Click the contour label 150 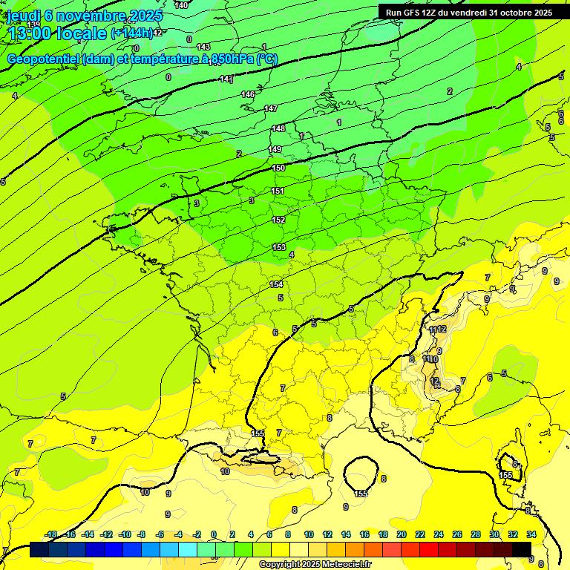click(x=278, y=168)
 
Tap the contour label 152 click(x=278, y=220)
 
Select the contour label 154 click(x=275, y=284)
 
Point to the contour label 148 click(x=278, y=128)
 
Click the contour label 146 click(x=248, y=94)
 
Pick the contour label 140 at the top click(x=181, y=5)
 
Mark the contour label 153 click(x=279, y=247)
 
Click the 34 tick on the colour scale click(x=531, y=534)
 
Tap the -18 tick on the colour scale click(x=50, y=534)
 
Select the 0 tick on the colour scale click(x=214, y=534)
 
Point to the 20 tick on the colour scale click(x=402, y=534)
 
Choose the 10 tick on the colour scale click(x=308, y=534)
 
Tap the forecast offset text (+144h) click(x=131, y=33)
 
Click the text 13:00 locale click(x=56, y=33)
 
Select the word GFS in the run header click(x=411, y=13)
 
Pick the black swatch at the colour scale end click(x=521, y=549)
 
